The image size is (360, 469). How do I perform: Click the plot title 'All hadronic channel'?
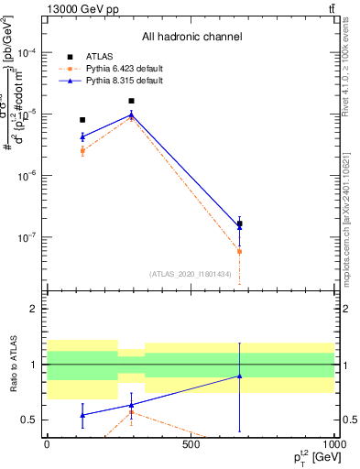pyautogui.click(x=191, y=37)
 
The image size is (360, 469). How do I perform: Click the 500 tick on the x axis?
pyautogui.click(x=191, y=443)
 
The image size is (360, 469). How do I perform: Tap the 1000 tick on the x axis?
pyautogui.click(x=333, y=443)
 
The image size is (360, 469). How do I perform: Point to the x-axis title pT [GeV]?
pyautogui.click(x=308, y=456)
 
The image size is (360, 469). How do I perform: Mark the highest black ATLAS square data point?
pyautogui.click(x=131, y=101)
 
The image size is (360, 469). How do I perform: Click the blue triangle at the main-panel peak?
pyautogui.click(x=131, y=115)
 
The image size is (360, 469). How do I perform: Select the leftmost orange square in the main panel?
pyautogui.click(x=82, y=150)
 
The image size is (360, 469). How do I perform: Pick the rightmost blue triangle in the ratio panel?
pyautogui.click(x=239, y=376)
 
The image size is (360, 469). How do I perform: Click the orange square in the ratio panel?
pyautogui.click(x=131, y=412)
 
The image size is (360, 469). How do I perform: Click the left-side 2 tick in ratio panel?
pyautogui.click(x=33, y=310)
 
